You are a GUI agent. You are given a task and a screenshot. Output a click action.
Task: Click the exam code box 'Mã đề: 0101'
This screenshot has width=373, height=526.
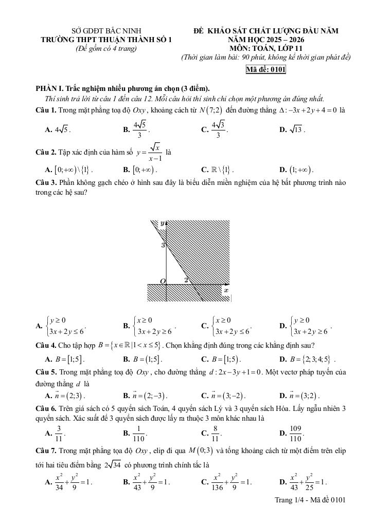pyautogui.click(x=266, y=70)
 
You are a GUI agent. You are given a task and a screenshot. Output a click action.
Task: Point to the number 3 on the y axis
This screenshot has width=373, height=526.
pyautogui.click(x=163, y=246)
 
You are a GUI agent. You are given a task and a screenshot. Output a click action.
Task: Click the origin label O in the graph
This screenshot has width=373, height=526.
pyautogui.click(x=162, y=281)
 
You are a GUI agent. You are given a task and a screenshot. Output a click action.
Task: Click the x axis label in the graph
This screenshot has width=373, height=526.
pyautogui.click(x=225, y=291)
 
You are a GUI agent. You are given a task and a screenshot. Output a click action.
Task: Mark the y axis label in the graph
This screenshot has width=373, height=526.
pyautogui.click(x=162, y=223)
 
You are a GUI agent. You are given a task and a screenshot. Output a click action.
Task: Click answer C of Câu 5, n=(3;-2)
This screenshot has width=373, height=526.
pyautogui.click(x=226, y=396)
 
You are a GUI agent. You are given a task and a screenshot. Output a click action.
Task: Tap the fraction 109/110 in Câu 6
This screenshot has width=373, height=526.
pyautogui.click(x=295, y=434)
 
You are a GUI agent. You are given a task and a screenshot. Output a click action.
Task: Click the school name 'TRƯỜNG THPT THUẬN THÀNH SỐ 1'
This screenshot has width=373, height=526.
pyautogui.click(x=106, y=40)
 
